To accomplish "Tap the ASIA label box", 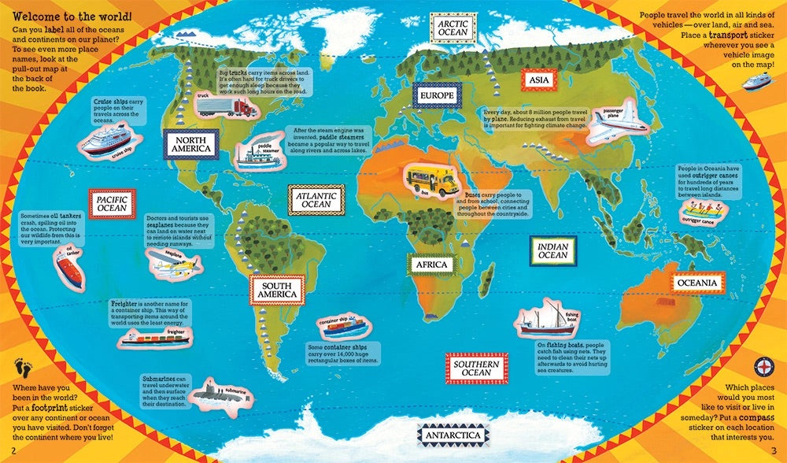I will (539, 80).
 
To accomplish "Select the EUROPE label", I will (436, 96).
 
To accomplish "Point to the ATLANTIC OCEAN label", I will (316, 199).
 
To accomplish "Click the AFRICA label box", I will (430, 265).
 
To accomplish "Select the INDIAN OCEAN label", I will (552, 250).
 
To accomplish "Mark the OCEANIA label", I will (696, 282).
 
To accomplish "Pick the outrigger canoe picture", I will (704, 212).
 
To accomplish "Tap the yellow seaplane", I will (179, 266).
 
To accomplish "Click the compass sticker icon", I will (766, 367).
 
